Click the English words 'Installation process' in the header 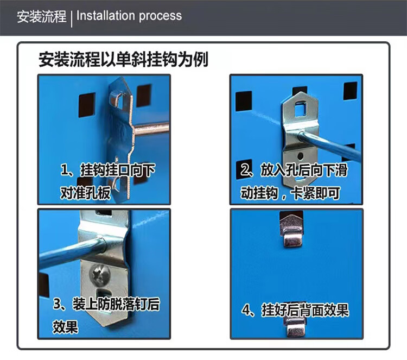(129, 16)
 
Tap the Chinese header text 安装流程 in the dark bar (42, 16)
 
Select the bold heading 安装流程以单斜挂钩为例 (124, 60)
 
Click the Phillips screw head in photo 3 (100, 274)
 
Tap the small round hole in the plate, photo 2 (300, 156)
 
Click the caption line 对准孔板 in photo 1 (85, 193)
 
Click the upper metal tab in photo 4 (291, 229)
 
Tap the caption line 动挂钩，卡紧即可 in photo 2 (290, 193)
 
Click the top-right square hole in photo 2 (350, 91)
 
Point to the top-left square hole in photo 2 (244, 101)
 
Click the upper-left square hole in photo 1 (87, 105)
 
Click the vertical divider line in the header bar (72, 18)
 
